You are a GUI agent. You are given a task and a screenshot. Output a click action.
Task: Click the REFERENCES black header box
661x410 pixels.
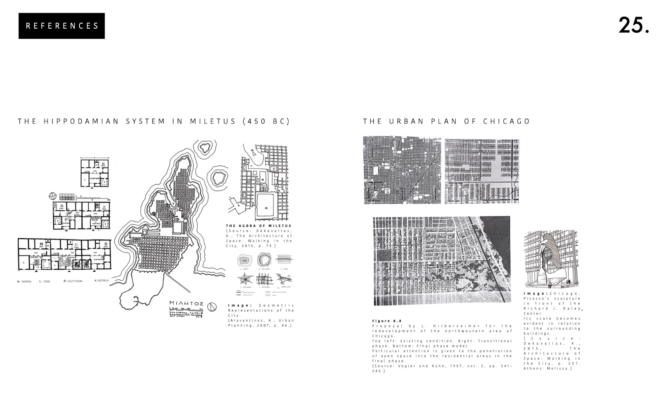[x=62, y=26]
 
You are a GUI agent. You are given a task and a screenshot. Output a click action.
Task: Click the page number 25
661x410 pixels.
[x=633, y=25]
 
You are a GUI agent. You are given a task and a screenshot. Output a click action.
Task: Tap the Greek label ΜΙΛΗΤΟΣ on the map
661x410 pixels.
[x=186, y=303]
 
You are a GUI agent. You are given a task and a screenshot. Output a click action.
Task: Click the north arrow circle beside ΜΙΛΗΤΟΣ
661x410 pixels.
[x=211, y=307]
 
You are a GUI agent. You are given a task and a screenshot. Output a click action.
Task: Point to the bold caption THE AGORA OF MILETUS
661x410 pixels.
[x=258, y=226]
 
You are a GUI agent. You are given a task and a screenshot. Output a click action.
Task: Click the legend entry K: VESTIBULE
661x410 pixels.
[x=102, y=280]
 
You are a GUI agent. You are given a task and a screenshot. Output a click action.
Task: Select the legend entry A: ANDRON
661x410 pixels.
[x=24, y=281]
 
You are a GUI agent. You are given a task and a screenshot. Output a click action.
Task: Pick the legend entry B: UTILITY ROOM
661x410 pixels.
[x=73, y=281]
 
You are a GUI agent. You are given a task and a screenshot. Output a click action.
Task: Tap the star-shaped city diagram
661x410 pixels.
[x=245, y=279]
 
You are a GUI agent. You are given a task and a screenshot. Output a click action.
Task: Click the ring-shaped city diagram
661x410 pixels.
[x=264, y=260]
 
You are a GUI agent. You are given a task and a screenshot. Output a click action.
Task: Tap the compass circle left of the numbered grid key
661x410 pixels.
[x=52, y=196]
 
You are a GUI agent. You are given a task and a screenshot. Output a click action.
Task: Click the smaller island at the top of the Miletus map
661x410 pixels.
[x=204, y=147]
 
